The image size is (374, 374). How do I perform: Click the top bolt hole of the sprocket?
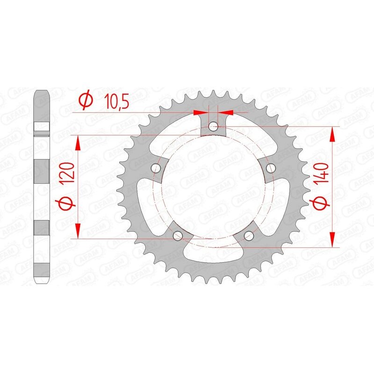(x=213, y=126)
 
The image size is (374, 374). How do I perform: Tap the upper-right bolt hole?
(x=269, y=167)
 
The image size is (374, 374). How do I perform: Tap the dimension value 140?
(x=320, y=178)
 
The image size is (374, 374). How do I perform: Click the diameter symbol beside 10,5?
(x=86, y=100)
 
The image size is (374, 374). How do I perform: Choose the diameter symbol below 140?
(x=320, y=205)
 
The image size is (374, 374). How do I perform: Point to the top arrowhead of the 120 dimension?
(x=78, y=143)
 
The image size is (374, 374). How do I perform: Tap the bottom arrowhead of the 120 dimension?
(x=78, y=230)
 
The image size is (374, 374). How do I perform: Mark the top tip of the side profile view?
(x=42, y=91)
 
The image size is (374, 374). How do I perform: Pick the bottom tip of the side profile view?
(x=42, y=282)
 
